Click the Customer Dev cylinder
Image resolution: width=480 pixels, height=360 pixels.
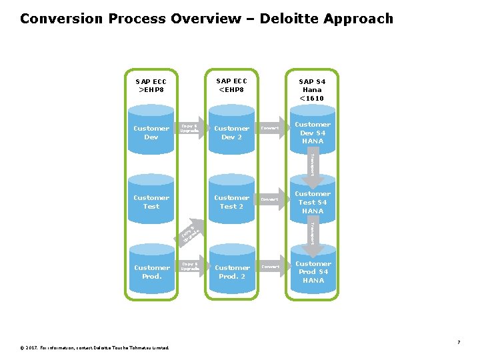point(151,132)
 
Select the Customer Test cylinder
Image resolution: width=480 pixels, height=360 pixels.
point(151,201)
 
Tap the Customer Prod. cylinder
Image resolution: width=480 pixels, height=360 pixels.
point(151,271)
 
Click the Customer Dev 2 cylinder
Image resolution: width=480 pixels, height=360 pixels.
point(231,132)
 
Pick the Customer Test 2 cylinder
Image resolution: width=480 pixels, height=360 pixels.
point(231,201)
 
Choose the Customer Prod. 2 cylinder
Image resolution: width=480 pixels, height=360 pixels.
point(231,271)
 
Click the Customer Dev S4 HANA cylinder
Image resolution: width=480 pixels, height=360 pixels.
point(312,132)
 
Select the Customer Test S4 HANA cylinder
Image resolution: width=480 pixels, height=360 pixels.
point(312,202)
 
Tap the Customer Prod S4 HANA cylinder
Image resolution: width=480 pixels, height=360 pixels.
point(312,271)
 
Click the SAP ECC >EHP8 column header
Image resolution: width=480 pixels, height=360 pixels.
point(151,85)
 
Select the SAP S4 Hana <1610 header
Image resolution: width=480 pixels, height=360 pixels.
point(311,89)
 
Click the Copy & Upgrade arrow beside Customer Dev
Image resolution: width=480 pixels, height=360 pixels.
point(191,128)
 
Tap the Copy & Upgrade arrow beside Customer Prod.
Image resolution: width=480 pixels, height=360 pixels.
point(191,267)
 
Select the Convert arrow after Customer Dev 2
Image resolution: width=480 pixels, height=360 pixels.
point(271,128)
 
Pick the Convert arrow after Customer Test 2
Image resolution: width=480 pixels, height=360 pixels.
point(271,199)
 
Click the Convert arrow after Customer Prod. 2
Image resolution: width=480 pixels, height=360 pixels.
point(271,267)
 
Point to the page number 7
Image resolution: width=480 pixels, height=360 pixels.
point(459,342)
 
